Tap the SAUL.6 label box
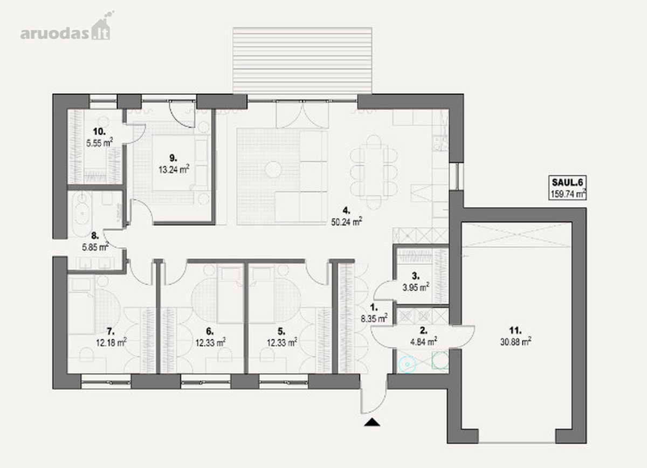[x=567, y=188]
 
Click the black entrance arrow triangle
[x=372, y=422]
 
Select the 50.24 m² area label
[x=347, y=222]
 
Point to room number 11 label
[x=515, y=330]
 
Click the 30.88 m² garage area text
[x=516, y=342]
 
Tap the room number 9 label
[x=173, y=158]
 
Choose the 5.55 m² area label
[x=99, y=143]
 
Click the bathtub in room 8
[x=82, y=214]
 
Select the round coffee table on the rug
[x=273, y=169]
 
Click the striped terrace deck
[x=302, y=60]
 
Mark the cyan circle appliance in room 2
[x=407, y=364]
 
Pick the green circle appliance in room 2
[x=440, y=360]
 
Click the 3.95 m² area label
[x=416, y=287]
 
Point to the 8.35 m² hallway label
[x=374, y=318]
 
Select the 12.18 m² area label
[x=112, y=342]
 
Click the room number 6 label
[x=210, y=331]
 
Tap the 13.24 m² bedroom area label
[x=174, y=169]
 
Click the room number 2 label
[x=424, y=331]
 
